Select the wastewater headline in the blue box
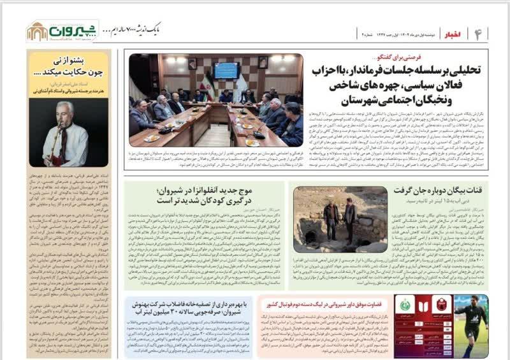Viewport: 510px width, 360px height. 191,307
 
